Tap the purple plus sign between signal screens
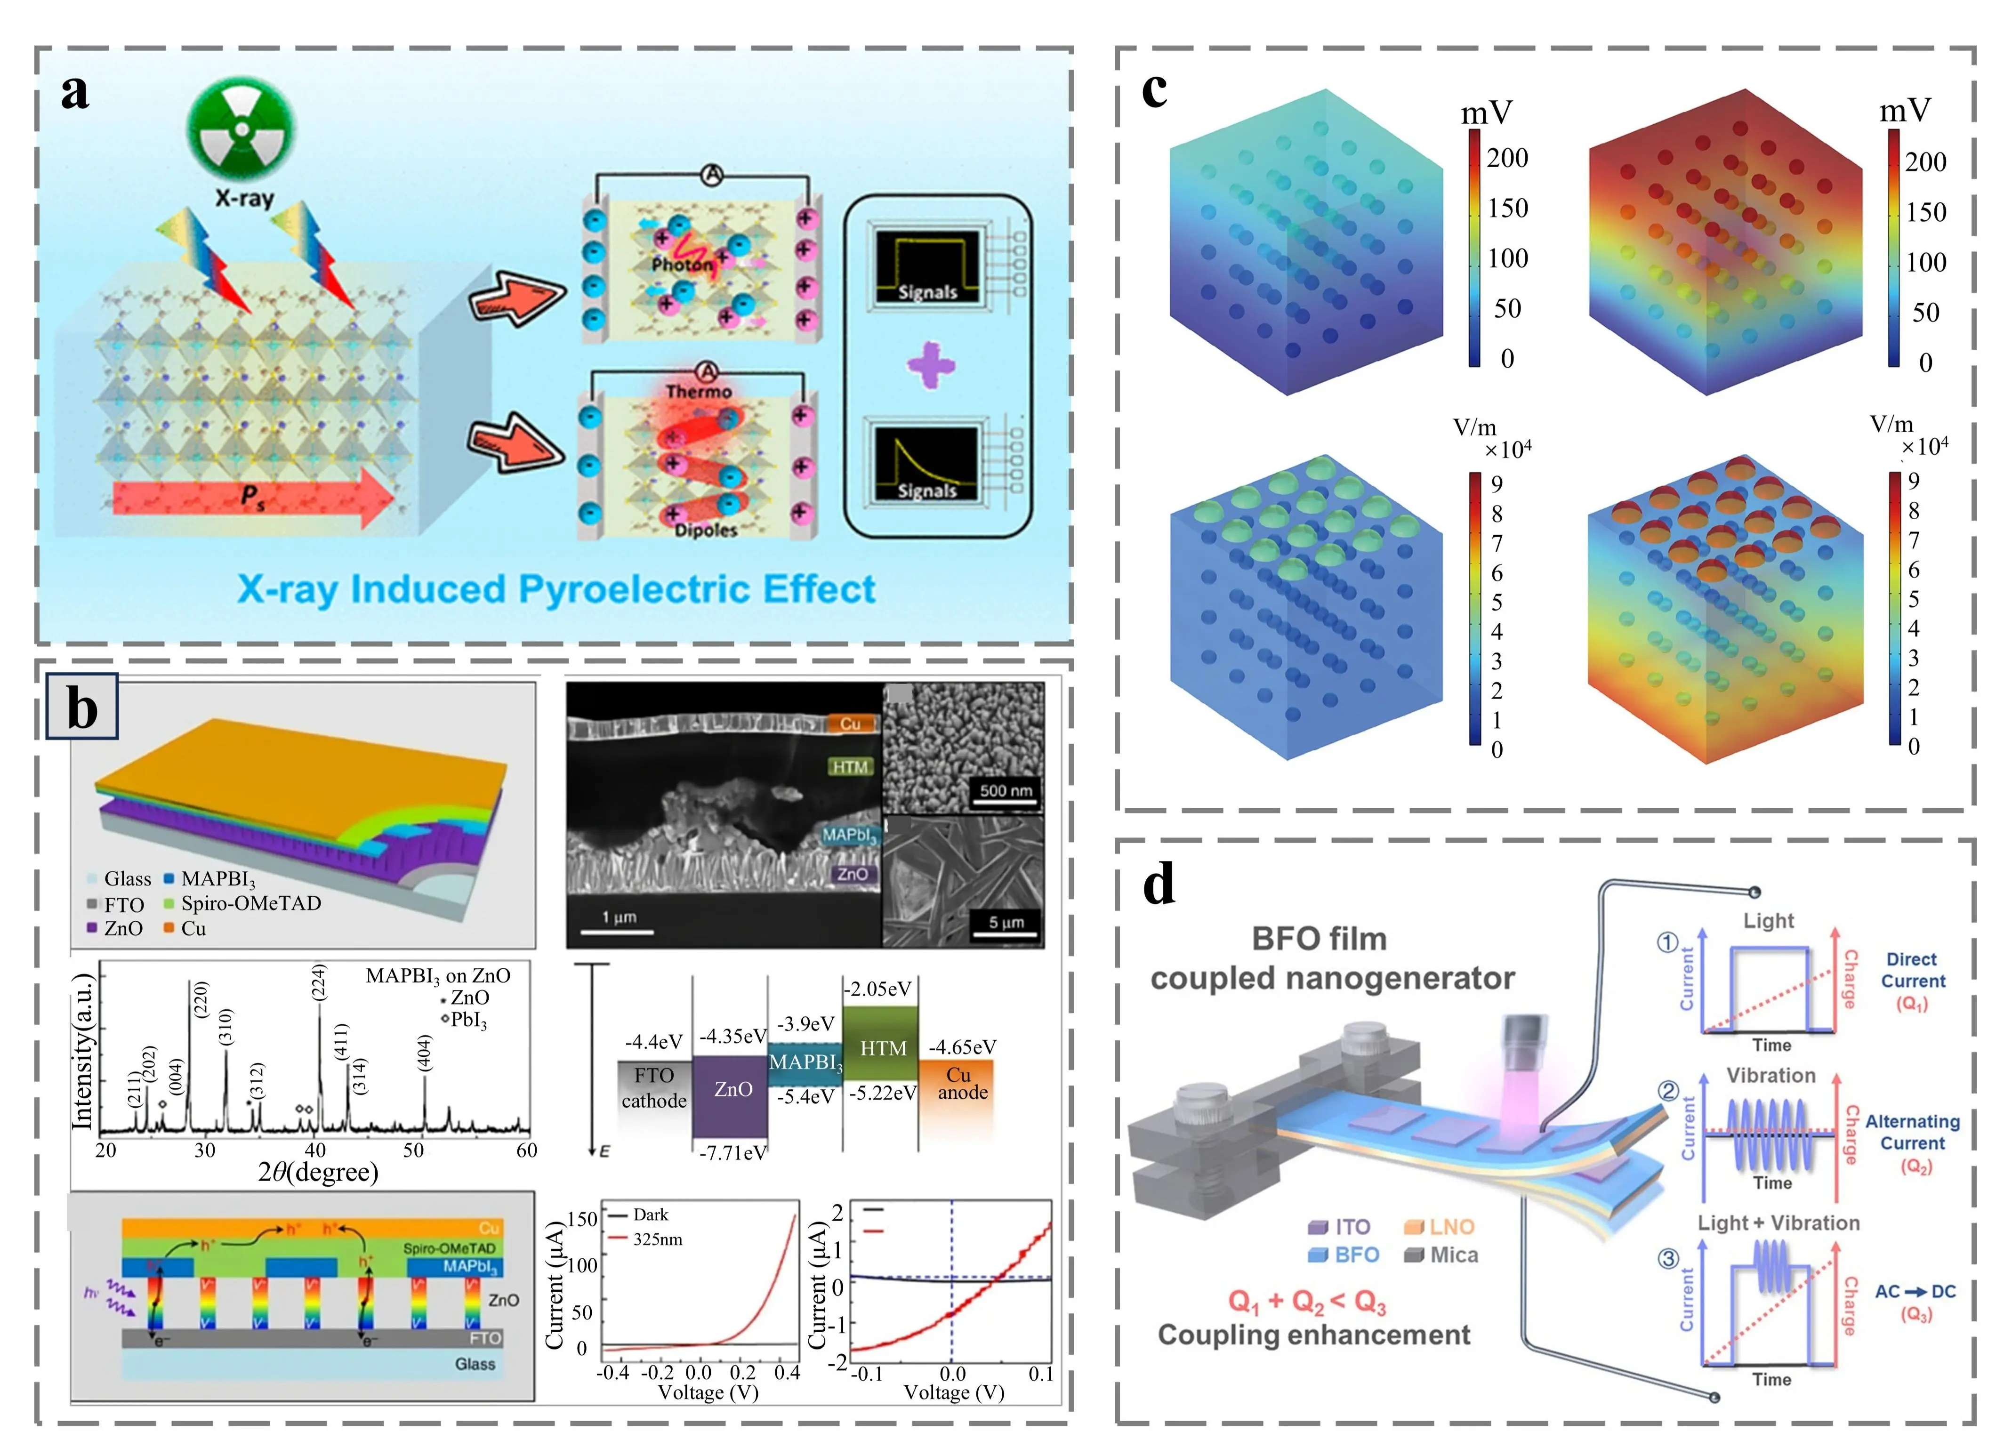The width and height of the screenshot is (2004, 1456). [x=930, y=365]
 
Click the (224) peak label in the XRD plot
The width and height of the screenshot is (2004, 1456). [x=319, y=982]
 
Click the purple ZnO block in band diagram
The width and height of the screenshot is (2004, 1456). [x=730, y=1095]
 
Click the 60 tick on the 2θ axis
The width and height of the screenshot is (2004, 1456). [x=527, y=1150]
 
